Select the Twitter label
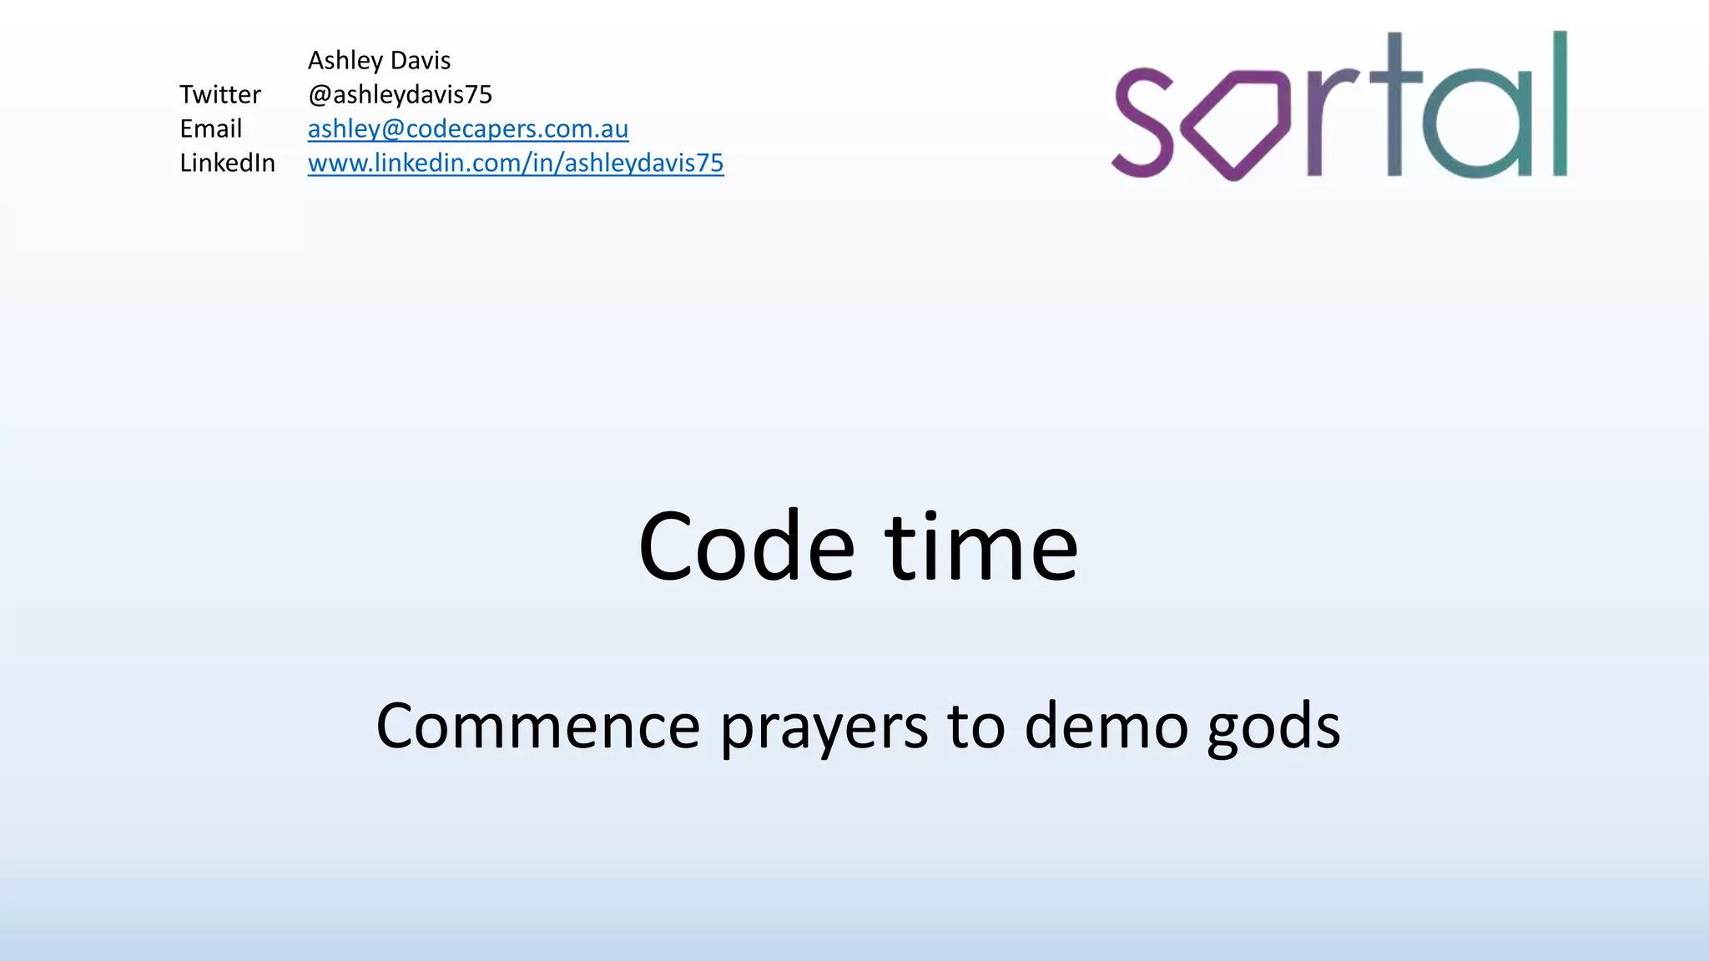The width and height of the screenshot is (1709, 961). [x=220, y=95]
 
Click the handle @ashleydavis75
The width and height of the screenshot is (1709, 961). [x=400, y=95]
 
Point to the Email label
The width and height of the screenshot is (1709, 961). [x=210, y=129]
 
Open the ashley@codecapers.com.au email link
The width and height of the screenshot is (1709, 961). [x=467, y=129]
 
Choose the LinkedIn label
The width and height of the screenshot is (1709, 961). [x=227, y=164]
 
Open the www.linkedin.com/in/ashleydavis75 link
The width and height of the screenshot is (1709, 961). [x=515, y=164]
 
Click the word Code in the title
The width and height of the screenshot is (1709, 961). [x=746, y=547]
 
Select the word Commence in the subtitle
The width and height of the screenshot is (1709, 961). [x=537, y=726]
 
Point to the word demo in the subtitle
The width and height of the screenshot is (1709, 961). [x=1106, y=726]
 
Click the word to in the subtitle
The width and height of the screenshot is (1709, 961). [x=975, y=726]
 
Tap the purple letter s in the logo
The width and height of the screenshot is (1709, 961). [x=1144, y=123]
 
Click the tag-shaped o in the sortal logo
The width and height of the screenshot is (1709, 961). [x=1236, y=125]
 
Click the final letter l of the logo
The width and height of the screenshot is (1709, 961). [x=1559, y=104]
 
